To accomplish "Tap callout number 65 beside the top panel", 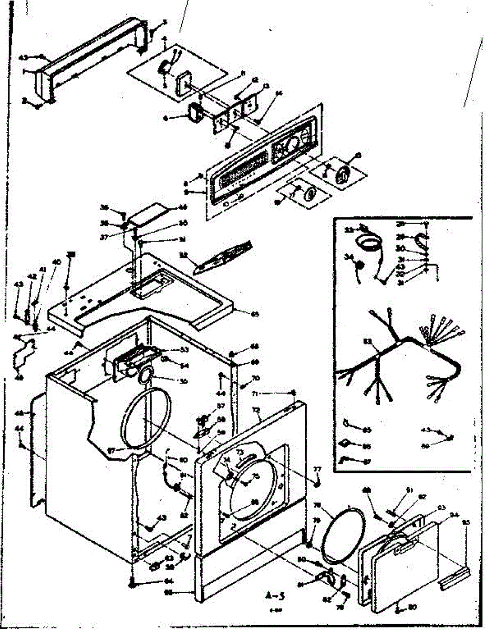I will click(255, 314).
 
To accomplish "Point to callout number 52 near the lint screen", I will click(184, 255).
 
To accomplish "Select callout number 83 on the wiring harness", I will click(367, 342).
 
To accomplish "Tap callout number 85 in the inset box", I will click(367, 430).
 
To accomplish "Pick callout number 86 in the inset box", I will click(367, 446).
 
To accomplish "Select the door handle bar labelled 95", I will click(455, 578).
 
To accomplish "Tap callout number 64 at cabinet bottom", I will click(169, 581).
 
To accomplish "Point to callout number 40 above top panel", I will click(56, 262).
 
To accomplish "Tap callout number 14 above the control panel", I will click(279, 94).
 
